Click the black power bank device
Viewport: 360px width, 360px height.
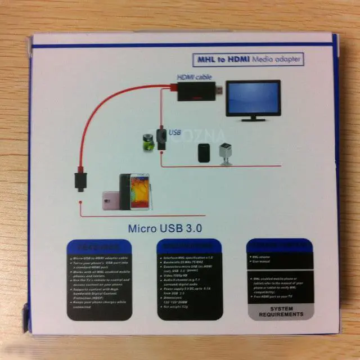tap(204, 154)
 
